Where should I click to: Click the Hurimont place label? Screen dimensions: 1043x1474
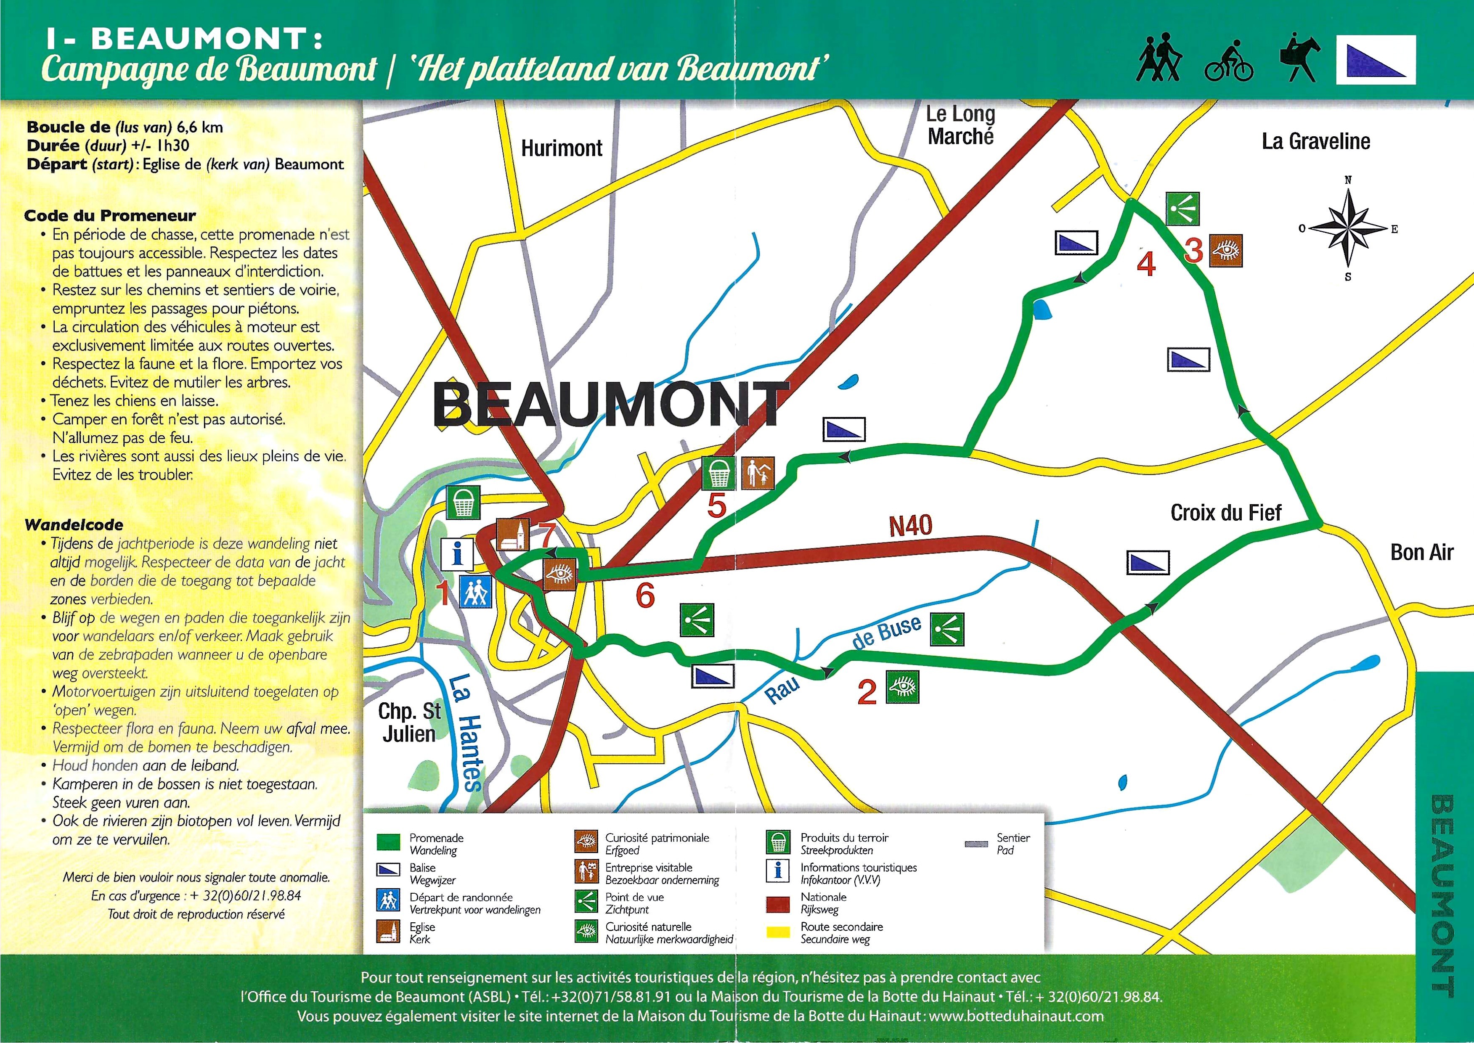point(561,148)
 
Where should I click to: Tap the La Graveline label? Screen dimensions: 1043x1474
point(1315,141)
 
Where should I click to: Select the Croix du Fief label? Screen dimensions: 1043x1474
point(1225,513)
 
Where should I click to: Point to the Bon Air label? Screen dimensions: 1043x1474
point(1421,552)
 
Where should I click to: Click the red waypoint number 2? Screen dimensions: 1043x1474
point(867,692)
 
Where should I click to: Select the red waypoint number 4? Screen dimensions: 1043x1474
point(1146,263)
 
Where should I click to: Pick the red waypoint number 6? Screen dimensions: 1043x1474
point(645,596)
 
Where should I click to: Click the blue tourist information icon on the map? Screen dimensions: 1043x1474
point(457,553)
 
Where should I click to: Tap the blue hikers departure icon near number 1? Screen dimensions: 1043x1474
point(476,591)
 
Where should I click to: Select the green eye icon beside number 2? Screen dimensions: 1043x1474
point(902,686)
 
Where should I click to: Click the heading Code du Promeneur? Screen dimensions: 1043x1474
point(110,215)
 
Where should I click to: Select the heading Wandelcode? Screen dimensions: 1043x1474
point(74,524)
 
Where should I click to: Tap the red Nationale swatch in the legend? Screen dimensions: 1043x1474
point(778,903)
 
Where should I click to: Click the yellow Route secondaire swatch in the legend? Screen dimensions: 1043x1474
point(778,932)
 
